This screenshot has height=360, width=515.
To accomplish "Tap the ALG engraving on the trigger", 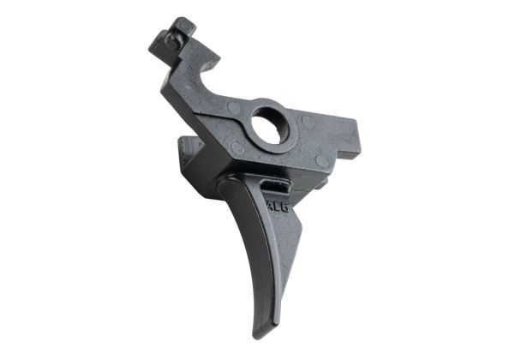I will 278,207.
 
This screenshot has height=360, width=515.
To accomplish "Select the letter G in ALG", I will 286,207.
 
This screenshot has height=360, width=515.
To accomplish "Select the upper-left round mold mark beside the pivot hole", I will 235,108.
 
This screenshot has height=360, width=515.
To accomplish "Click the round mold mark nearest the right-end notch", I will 320,160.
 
